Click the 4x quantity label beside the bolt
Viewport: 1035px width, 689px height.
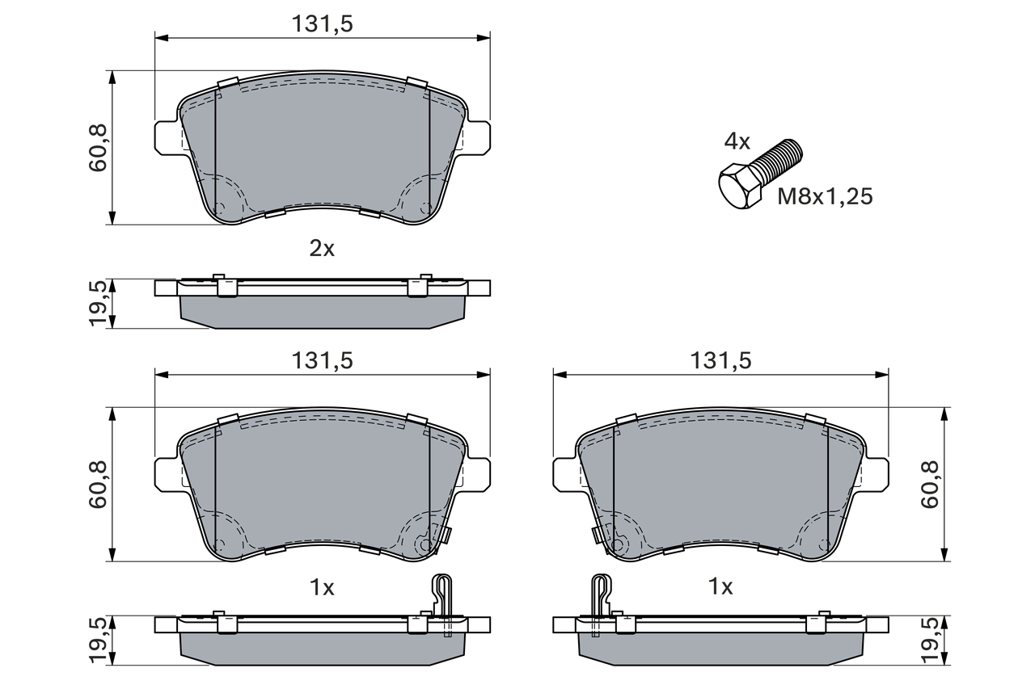coord(737,143)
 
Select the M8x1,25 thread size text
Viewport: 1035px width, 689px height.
coord(825,195)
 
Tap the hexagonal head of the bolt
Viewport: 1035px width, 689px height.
coord(738,187)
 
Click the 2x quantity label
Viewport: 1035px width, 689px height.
coord(322,249)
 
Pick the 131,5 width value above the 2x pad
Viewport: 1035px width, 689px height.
coord(322,24)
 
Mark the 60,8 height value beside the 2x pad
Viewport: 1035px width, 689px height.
coord(98,147)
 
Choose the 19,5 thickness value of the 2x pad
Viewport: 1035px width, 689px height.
coord(98,304)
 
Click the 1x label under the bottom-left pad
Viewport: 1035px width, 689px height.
coord(322,587)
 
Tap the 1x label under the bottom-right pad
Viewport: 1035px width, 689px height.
coord(720,587)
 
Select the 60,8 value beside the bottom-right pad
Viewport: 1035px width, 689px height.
coord(930,484)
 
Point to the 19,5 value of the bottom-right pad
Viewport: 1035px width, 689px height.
coord(930,641)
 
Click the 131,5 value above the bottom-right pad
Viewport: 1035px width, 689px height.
coord(720,361)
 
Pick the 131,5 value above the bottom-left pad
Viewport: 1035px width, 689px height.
coord(322,361)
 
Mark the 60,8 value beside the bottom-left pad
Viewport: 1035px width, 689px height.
coord(98,484)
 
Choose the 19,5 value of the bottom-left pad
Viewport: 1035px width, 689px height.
coord(98,641)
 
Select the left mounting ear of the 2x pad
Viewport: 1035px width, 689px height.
coord(166,136)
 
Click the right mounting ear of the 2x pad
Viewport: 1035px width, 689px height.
coord(478,136)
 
